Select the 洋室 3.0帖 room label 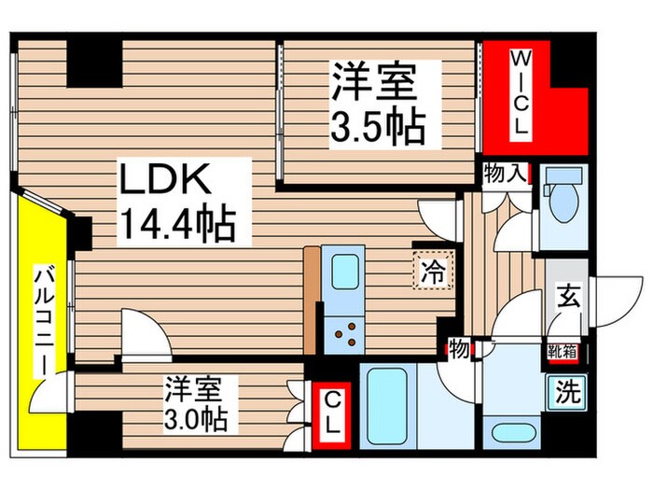click(196, 403)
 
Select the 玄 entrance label click(566, 298)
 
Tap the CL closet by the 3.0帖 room click(332, 412)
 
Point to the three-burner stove click(344, 331)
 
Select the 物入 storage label click(505, 173)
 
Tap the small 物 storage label click(458, 349)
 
